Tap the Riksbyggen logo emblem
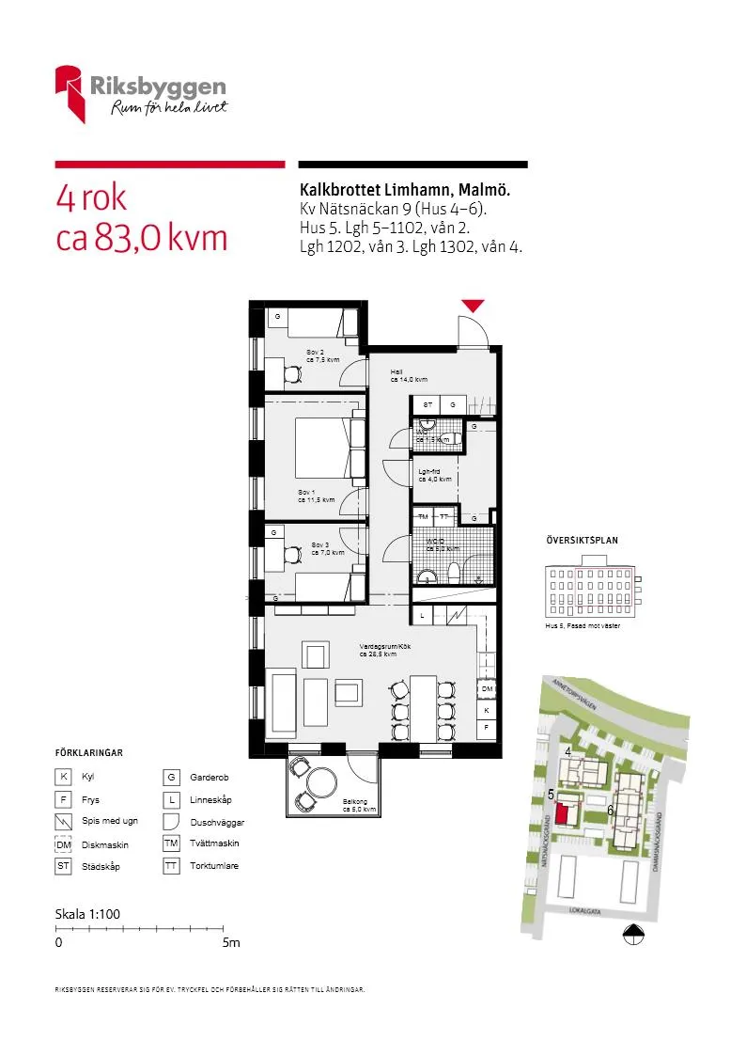coord(70,92)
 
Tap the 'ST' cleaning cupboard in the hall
coord(427,404)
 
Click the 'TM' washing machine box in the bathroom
coord(423,518)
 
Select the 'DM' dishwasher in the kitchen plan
coord(487,690)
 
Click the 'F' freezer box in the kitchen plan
coord(487,727)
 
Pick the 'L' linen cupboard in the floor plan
coord(423,615)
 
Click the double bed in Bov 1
coord(324,449)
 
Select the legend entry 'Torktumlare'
coord(213,866)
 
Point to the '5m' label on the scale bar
coord(231,943)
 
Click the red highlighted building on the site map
coord(566,813)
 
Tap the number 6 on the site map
coord(610,810)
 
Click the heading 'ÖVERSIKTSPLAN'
coord(582,541)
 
